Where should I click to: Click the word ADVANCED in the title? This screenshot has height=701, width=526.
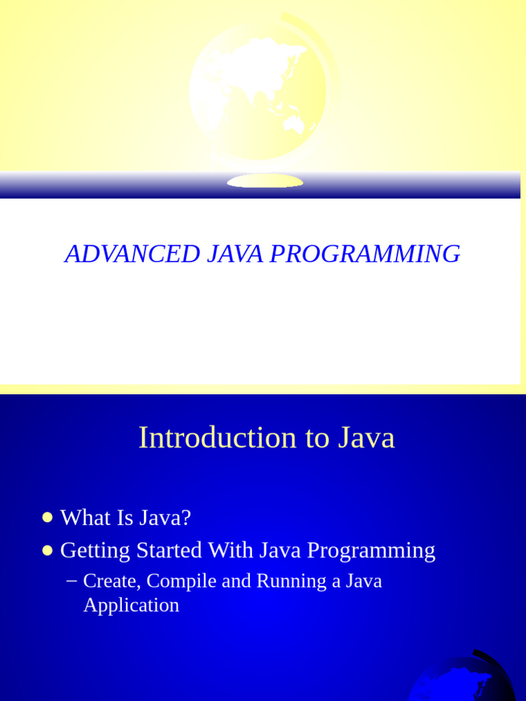(x=132, y=253)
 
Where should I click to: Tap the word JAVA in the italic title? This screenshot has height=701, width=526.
(x=236, y=253)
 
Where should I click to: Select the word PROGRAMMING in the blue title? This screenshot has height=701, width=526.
(x=365, y=254)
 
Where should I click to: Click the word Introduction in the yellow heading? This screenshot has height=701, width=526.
(x=217, y=437)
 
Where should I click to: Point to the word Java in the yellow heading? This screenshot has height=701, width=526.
(x=366, y=437)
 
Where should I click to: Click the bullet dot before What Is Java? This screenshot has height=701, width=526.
(x=47, y=518)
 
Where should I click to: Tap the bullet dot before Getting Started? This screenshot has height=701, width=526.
(x=47, y=550)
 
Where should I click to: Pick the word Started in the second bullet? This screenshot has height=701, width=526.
(x=169, y=550)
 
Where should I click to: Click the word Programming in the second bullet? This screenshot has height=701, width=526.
(x=371, y=550)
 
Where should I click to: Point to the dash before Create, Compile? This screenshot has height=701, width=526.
(x=71, y=581)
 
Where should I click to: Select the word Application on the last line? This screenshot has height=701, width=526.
(x=131, y=605)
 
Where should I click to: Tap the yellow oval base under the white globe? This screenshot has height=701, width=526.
(x=265, y=181)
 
